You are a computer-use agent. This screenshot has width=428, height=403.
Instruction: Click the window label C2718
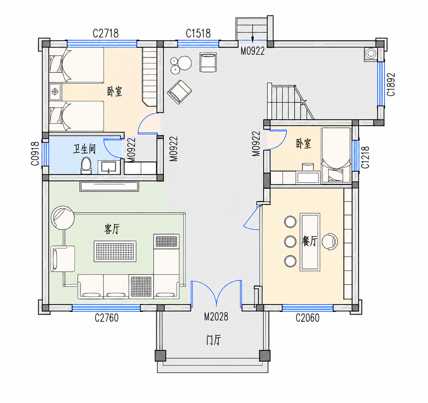[x=106, y=33]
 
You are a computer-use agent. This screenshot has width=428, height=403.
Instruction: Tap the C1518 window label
[x=198, y=33]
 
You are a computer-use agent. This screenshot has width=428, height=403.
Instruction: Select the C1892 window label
[x=391, y=85]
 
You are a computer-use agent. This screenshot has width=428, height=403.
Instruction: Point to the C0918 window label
[x=35, y=153]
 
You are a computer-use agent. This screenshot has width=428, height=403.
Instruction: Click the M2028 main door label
[x=216, y=317]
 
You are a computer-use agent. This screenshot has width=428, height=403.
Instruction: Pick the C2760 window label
[x=107, y=317]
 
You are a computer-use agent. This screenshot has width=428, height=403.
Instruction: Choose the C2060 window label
[x=307, y=317]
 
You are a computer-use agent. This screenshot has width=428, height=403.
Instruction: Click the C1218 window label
[x=365, y=157]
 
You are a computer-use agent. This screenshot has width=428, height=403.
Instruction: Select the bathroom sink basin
[x=109, y=167]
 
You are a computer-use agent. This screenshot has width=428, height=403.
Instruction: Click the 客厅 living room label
[x=112, y=229]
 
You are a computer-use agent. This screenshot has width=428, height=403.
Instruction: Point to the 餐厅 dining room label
[x=310, y=241]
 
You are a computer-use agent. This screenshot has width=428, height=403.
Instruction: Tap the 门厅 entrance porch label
[x=214, y=340]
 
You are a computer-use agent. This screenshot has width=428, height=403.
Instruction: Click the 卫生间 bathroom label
[x=84, y=149]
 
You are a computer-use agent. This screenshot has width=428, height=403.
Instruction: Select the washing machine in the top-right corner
[x=371, y=54]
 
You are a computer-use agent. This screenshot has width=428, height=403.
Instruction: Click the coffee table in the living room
[x=115, y=251]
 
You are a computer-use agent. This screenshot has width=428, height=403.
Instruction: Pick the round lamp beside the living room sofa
[x=63, y=218]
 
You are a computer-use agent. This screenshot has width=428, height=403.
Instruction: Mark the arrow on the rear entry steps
[x=253, y=33]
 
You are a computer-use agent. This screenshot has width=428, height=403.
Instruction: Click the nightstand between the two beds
[x=55, y=92]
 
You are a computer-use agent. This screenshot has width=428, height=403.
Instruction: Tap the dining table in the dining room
[x=310, y=242]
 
